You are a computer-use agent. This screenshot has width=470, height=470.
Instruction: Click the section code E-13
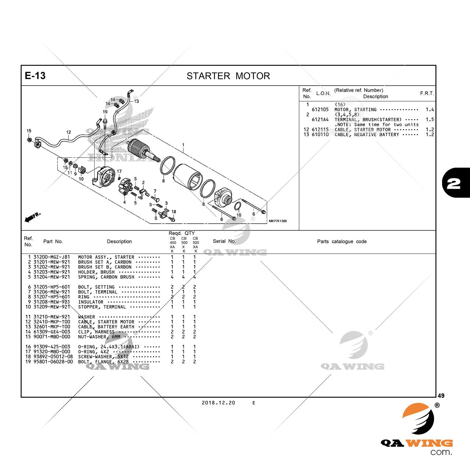point(35,76)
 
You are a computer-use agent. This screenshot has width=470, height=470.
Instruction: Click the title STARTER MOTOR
point(228,76)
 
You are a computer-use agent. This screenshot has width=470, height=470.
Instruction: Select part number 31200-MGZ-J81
point(51,257)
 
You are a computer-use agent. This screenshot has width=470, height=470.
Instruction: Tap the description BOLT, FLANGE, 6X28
point(104,362)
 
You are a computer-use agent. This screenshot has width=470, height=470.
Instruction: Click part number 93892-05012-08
point(53,357)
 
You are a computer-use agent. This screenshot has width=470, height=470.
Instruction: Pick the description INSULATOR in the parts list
point(91,302)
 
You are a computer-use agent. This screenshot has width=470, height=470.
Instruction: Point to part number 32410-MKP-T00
point(51,322)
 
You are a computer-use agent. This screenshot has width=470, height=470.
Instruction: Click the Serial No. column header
point(224,242)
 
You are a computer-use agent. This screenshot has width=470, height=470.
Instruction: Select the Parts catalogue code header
point(342,242)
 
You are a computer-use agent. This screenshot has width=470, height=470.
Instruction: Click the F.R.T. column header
point(427,94)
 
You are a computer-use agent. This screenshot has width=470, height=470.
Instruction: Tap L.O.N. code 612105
point(320,110)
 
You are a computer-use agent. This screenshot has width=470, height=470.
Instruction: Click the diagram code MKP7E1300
point(277,221)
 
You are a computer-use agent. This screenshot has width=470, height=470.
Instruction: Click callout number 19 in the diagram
point(105,112)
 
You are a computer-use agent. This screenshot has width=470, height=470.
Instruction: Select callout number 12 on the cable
point(69,132)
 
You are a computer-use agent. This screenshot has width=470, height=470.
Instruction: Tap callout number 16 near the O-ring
point(239,215)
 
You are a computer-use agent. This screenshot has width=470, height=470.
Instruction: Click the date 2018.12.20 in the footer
point(218,403)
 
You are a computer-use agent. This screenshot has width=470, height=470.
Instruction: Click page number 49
point(441,396)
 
